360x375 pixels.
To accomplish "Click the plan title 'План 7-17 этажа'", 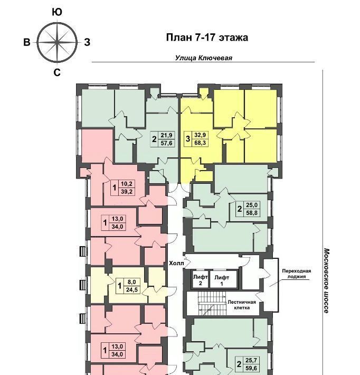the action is [207, 37].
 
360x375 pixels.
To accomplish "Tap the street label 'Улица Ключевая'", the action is [203, 58].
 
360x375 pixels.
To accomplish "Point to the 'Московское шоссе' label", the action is [327, 280].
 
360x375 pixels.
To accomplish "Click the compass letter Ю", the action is [57, 12].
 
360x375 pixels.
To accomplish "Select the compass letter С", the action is [57, 72].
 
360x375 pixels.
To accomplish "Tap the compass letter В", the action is [27, 42].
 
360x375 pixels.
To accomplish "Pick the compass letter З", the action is [87, 42].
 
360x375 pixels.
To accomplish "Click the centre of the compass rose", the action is [57, 43].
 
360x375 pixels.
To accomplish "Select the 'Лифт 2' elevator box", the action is [200, 279].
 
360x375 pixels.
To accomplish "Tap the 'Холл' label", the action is [176, 264].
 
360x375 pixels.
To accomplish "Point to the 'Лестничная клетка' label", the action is [242, 305].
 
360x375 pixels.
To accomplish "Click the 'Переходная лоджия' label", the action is [297, 274].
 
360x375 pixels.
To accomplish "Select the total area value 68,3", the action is [200, 143].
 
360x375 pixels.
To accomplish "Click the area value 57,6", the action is [166, 143].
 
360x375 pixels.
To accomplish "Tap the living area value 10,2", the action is [127, 184].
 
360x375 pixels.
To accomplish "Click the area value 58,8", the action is [252, 213].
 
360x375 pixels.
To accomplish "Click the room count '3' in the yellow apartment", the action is [188, 139].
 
